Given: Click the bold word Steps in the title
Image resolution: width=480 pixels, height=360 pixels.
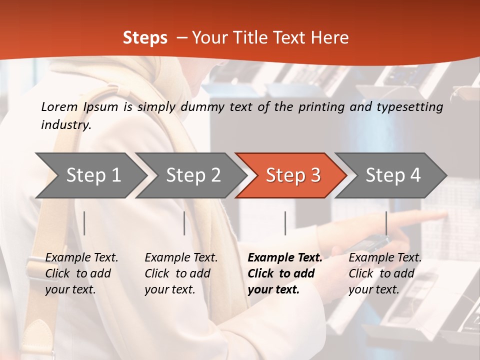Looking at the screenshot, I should (x=145, y=38).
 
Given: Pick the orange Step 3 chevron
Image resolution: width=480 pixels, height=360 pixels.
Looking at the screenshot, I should (x=293, y=175).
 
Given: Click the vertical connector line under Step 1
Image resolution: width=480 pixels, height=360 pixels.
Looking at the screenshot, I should (x=84, y=223).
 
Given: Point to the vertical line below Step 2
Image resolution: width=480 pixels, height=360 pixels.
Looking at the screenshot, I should (x=184, y=223).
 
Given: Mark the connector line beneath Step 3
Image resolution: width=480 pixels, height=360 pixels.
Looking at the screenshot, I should (x=285, y=223).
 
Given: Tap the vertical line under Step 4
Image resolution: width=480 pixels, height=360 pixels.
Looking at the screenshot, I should (x=386, y=223).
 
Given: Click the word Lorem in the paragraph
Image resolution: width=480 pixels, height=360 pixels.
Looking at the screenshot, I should (x=59, y=107).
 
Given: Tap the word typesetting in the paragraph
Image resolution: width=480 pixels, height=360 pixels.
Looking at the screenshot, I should (x=412, y=107).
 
